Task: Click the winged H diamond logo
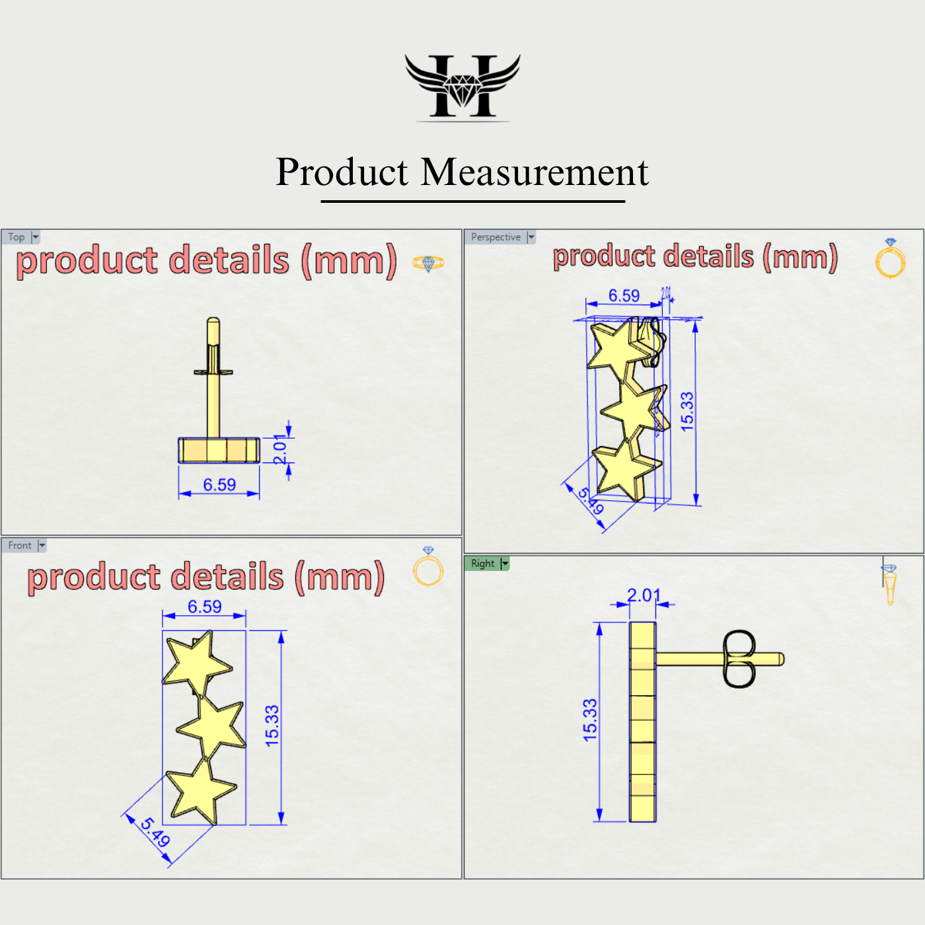click(x=462, y=87)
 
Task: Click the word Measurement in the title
click(x=535, y=172)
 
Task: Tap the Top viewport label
click(x=17, y=237)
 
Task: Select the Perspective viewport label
click(x=496, y=237)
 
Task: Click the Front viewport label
click(x=20, y=546)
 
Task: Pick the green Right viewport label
click(x=482, y=564)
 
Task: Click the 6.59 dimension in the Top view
click(x=219, y=485)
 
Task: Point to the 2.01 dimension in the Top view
click(x=280, y=450)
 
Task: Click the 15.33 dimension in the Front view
click(x=272, y=726)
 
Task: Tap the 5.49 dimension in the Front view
click(x=156, y=832)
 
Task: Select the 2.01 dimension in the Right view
click(x=644, y=595)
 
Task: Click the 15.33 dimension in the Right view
click(x=590, y=720)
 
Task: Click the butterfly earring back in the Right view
click(x=739, y=659)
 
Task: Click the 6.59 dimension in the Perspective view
click(x=624, y=296)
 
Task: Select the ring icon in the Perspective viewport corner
click(x=890, y=259)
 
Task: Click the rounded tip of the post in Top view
click(x=213, y=322)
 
